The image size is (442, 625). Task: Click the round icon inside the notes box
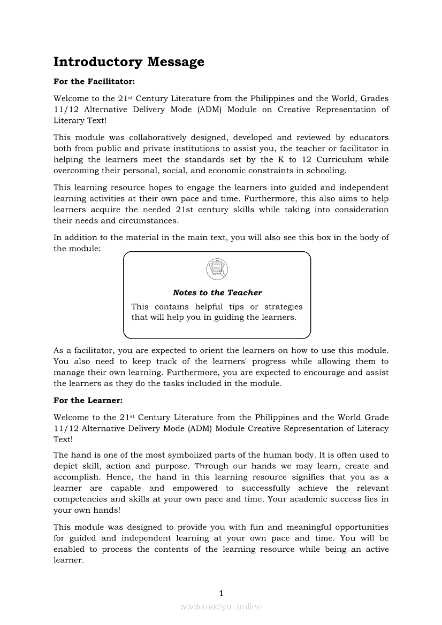pos(217,268)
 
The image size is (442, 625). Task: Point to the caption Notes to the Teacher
pos(217,292)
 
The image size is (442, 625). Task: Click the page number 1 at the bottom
pos(221,593)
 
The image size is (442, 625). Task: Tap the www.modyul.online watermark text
pos(221,606)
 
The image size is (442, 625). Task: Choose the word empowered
pos(195,488)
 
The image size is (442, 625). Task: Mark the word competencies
pos(81,499)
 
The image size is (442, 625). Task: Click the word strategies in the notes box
pos(283,306)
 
